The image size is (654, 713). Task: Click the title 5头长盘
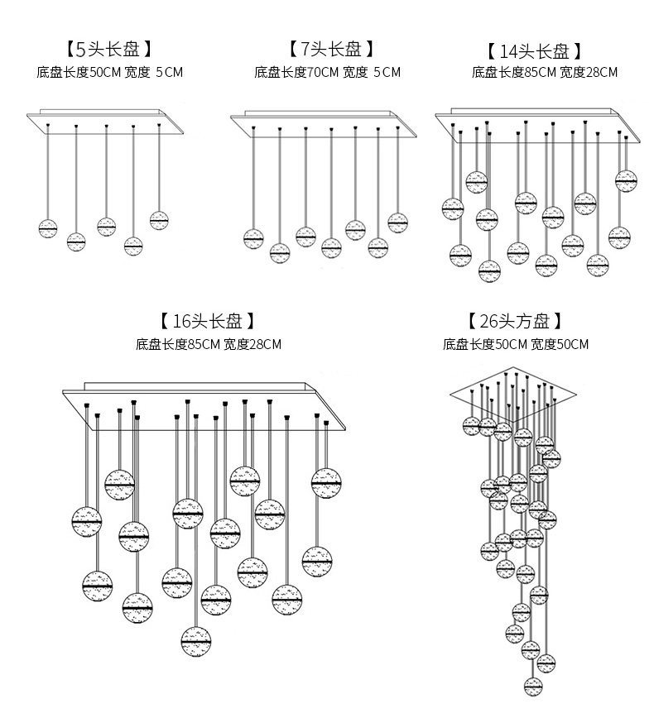109,49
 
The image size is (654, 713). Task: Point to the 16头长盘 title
209,321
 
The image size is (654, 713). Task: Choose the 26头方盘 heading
515,321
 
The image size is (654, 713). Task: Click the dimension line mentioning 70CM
328,72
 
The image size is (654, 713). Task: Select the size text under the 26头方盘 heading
515,343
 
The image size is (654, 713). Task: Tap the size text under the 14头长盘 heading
544,72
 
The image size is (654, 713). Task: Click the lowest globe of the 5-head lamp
132,245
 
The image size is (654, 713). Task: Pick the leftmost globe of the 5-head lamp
48,227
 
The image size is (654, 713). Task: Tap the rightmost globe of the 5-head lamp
159,219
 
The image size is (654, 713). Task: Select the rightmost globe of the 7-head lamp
398,223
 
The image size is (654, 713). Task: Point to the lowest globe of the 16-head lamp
196,639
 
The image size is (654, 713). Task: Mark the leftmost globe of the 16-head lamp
86,519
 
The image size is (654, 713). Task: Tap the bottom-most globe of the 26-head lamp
534,685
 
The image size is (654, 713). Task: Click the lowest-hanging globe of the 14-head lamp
489,270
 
